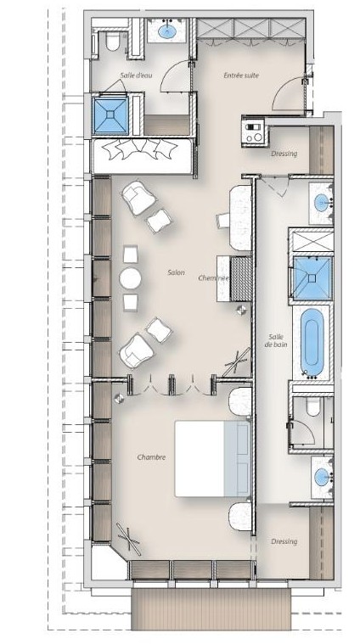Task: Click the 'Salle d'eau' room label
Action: [x=136, y=76]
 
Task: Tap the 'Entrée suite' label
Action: [x=241, y=76]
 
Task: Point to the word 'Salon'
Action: [x=176, y=272]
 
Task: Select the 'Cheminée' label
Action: [x=213, y=278]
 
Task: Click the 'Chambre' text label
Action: [x=151, y=457]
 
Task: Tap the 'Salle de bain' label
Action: [x=276, y=340]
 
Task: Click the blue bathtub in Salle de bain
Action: [x=312, y=343]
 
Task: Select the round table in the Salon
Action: [x=130, y=279]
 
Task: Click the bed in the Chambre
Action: [x=212, y=458]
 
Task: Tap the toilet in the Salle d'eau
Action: [x=112, y=42]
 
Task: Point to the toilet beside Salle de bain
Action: [x=312, y=406]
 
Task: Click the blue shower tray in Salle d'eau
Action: [x=110, y=115]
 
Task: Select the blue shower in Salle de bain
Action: [x=312, y=278]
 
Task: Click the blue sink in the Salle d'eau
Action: [x=167, y=32]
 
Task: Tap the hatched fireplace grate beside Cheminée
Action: [x=241, y=278]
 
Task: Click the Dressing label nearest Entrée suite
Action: [x=284, y=154]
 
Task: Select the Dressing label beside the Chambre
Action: [x=284, y=541]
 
